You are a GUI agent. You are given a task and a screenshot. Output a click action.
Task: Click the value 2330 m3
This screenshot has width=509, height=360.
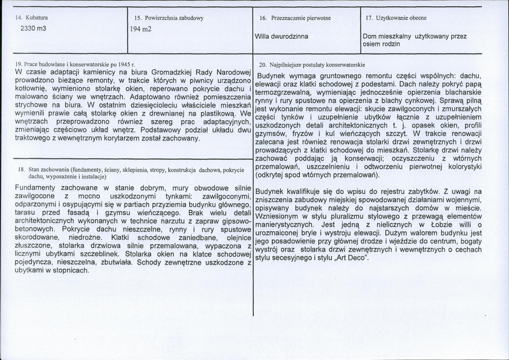pyautogui.click(x=34, y=28)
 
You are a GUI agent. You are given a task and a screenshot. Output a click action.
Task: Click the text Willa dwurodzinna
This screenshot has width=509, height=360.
pyautogui.click(x=281, y=37)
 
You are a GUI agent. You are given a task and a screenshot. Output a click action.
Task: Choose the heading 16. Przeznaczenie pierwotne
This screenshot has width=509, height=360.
pyautogui.click(x=295, y=18)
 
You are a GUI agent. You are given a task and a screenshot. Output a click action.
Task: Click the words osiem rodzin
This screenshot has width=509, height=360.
pyautogui.click(x=382, y=44)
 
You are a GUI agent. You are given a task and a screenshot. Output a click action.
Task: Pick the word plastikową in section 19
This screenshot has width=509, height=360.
pyautogui.click(x=213, y=115)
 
